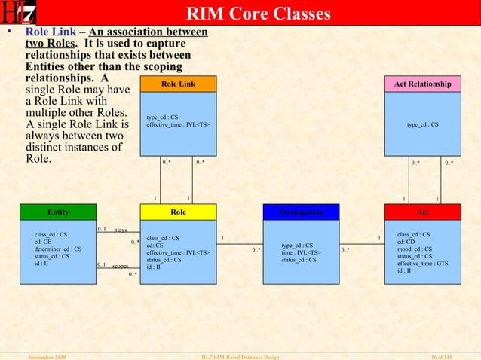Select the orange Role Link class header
pos(178,84)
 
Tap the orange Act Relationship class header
pos(422,84)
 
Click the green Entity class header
pos(58,212)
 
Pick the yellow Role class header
pos(178,212)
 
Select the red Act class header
pos(422,212)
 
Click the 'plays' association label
pos(121,230)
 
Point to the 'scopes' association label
pos(121,267)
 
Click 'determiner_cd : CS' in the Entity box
pos(58,249)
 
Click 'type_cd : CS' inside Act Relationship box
pos(422,124)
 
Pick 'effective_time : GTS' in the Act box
pos(422,264)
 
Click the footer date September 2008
pos(47,355)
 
